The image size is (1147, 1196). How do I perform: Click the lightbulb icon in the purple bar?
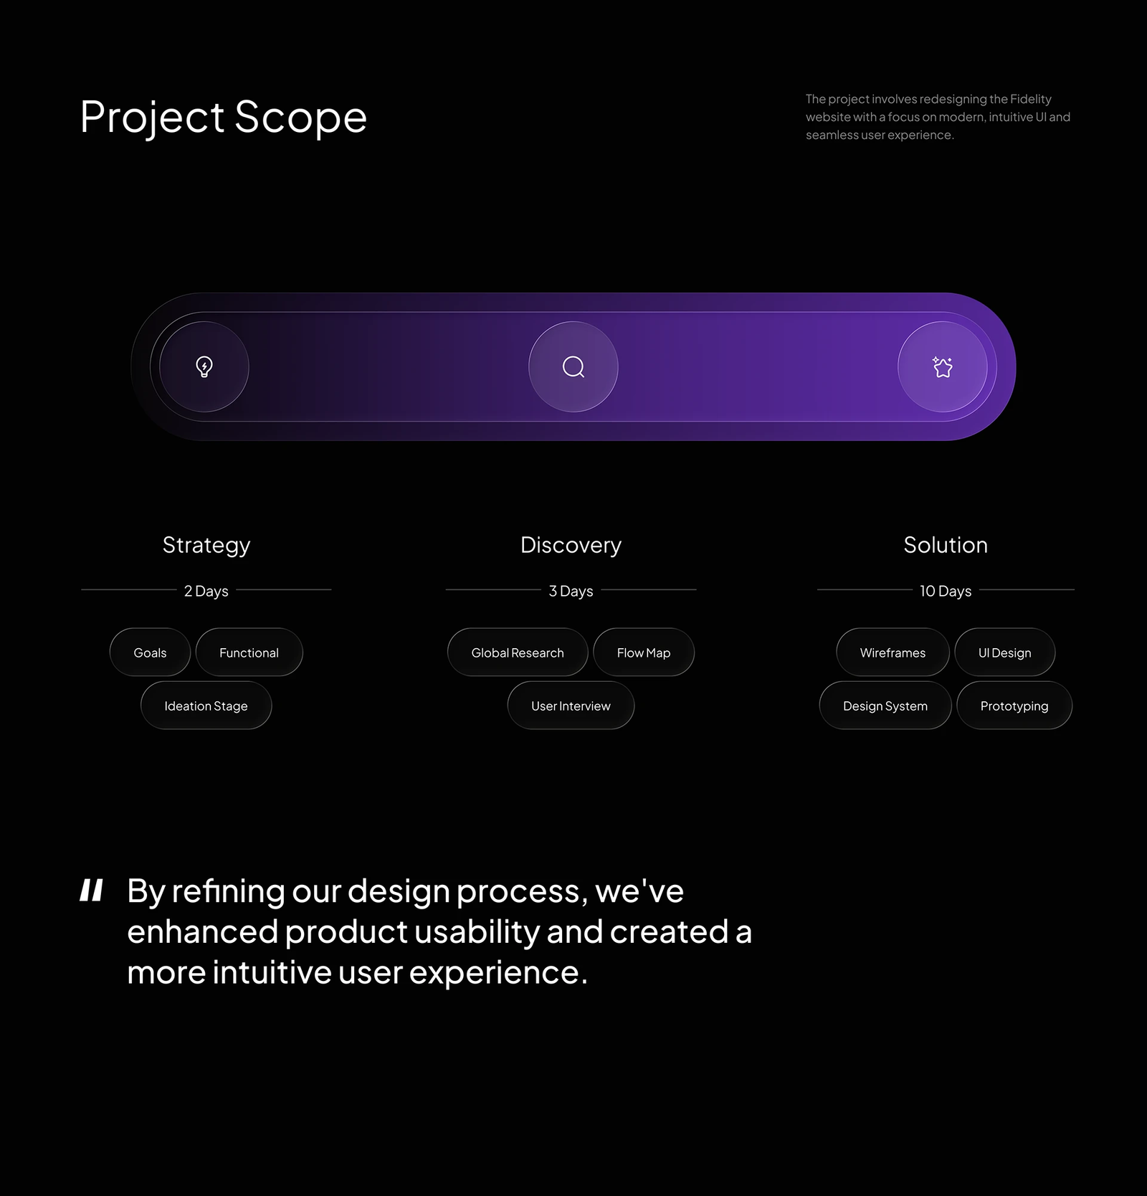click(x=204, y=366)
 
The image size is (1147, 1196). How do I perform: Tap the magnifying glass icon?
click(x=573, y=367)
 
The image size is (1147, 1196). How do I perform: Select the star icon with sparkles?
click(x=942, y=366)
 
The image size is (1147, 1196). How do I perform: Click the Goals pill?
click(x=150, y=652)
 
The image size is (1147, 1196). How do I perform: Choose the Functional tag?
click(x=249, y=652)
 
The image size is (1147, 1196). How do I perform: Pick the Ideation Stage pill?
click(x=206, y=706)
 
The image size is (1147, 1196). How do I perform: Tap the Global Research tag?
click(x=518, y=652)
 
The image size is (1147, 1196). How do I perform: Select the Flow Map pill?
click(x=644, y=652)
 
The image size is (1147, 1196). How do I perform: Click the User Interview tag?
click(x=571, y=706)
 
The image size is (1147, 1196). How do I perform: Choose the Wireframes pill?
click(x=893, y=652)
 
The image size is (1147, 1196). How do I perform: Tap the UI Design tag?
click(x=1004, y=652)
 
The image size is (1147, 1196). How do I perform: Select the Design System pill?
click(x=885, y=706)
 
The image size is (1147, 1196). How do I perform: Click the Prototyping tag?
click(x=1014, y=706)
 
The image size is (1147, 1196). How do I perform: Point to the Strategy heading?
click(x=206, y=546)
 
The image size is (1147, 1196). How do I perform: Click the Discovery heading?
click(x=571, y=546)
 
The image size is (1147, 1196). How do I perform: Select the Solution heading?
click(x=946, y=545)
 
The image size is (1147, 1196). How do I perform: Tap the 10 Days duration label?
click(x=946, y=591)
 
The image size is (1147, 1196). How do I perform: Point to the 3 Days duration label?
click(x=571, y=591)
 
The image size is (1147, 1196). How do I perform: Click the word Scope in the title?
click(x=300, y=117)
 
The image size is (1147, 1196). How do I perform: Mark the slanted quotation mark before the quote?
click(x=92, y=890)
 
